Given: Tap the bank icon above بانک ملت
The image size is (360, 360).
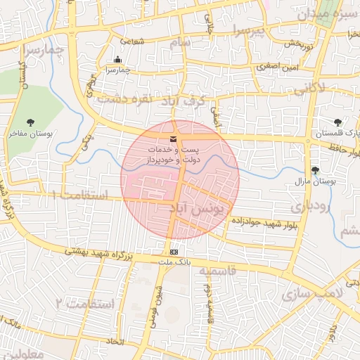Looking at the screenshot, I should coord(174,252).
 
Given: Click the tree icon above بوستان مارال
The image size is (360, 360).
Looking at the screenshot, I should coord(314,170).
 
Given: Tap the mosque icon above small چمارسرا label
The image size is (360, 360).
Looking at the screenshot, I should coord(117,60).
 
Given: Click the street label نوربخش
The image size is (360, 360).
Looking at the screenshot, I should coord(297,44).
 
